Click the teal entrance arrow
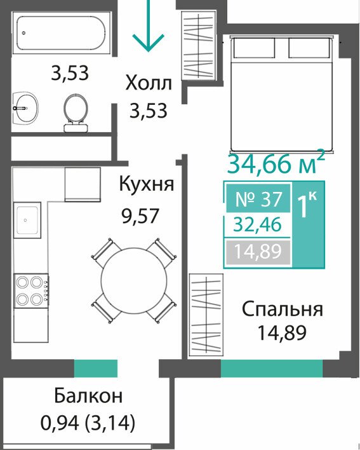(x=148, y=26)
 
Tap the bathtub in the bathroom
(x=62, y=33)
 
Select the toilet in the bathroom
(x=76, y=112)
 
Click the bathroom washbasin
(x=25, y=108)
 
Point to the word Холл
(x=149, y=83)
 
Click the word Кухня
(x=147, y=184)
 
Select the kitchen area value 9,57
(x=140, y=216)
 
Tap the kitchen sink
(x=27, y=220)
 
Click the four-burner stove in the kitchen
(x=31, y=290)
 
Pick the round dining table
(x=134, y=281)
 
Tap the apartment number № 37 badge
(x=258, y=198)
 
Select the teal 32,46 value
(x=257, y=225)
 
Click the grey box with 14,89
(x=258, y=252)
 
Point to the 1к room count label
(x=307, y=205)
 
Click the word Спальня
(x=283, y=310)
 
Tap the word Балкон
(x=88, y=396)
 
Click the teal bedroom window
(x=272, y=369)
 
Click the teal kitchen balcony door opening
(x=96, y=369)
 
